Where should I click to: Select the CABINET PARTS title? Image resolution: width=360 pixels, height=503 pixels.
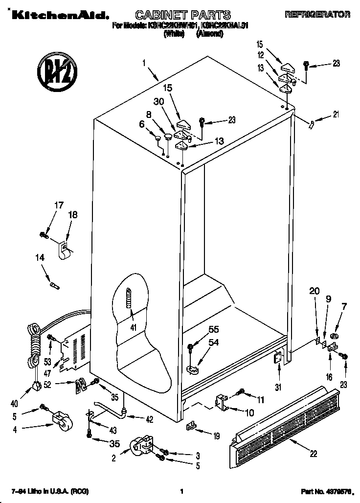(176, 15)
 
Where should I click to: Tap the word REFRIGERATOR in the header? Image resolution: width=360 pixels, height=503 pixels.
(317, 15)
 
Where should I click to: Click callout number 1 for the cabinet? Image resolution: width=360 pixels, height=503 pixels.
(144, 63)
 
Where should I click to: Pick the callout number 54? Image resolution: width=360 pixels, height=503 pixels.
(214, 343)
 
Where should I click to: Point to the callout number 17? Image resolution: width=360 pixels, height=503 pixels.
(58, 205)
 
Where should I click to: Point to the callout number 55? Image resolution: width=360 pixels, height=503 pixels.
(214, 329)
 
